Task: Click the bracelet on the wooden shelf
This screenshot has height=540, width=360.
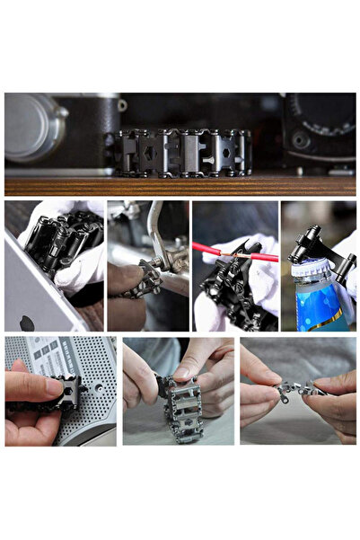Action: (185, 153)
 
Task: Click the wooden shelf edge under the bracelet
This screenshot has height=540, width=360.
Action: (180, 186)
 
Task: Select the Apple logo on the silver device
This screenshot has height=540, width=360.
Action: (27, 323)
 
